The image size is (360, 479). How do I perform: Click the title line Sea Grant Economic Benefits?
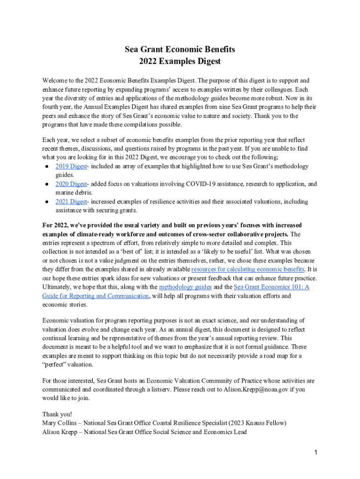pyautogui.click(x=180, y=49)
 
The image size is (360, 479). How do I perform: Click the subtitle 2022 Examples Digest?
pyautogui.click(x=180, y=61)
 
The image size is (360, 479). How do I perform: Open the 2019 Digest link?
pyautogui.click(x=71, y=167)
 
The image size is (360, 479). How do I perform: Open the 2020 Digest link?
pyautogui.click(x=71, y=184)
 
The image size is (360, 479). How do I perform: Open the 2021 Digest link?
pyautogui.click(x=71, y=202)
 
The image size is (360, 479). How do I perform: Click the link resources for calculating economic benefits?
pyautogui.click(x=248, y=269)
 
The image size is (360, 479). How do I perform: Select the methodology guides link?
pyautogui.click(x=185, y=287)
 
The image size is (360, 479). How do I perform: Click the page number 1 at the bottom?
pyautogui.click(x=317, y=452)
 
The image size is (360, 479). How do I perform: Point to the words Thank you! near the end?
pyautogui.click(x=57, y=414)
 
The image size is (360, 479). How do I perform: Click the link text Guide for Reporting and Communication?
pyautogui.click(x=96, y=296)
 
